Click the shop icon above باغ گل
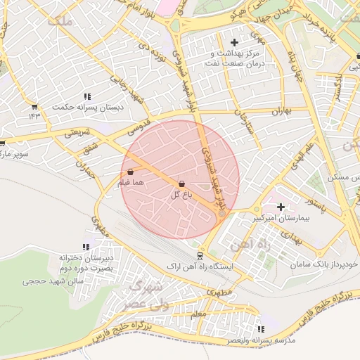(182, 184)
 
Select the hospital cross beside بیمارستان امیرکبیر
(281, 207)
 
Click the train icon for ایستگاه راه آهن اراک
(200, 256)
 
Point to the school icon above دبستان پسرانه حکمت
(87, 96)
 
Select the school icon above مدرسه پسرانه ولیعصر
(262, 328)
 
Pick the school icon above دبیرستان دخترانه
(86, 247)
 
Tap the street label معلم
(199, 314)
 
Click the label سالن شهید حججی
(53, 281)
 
